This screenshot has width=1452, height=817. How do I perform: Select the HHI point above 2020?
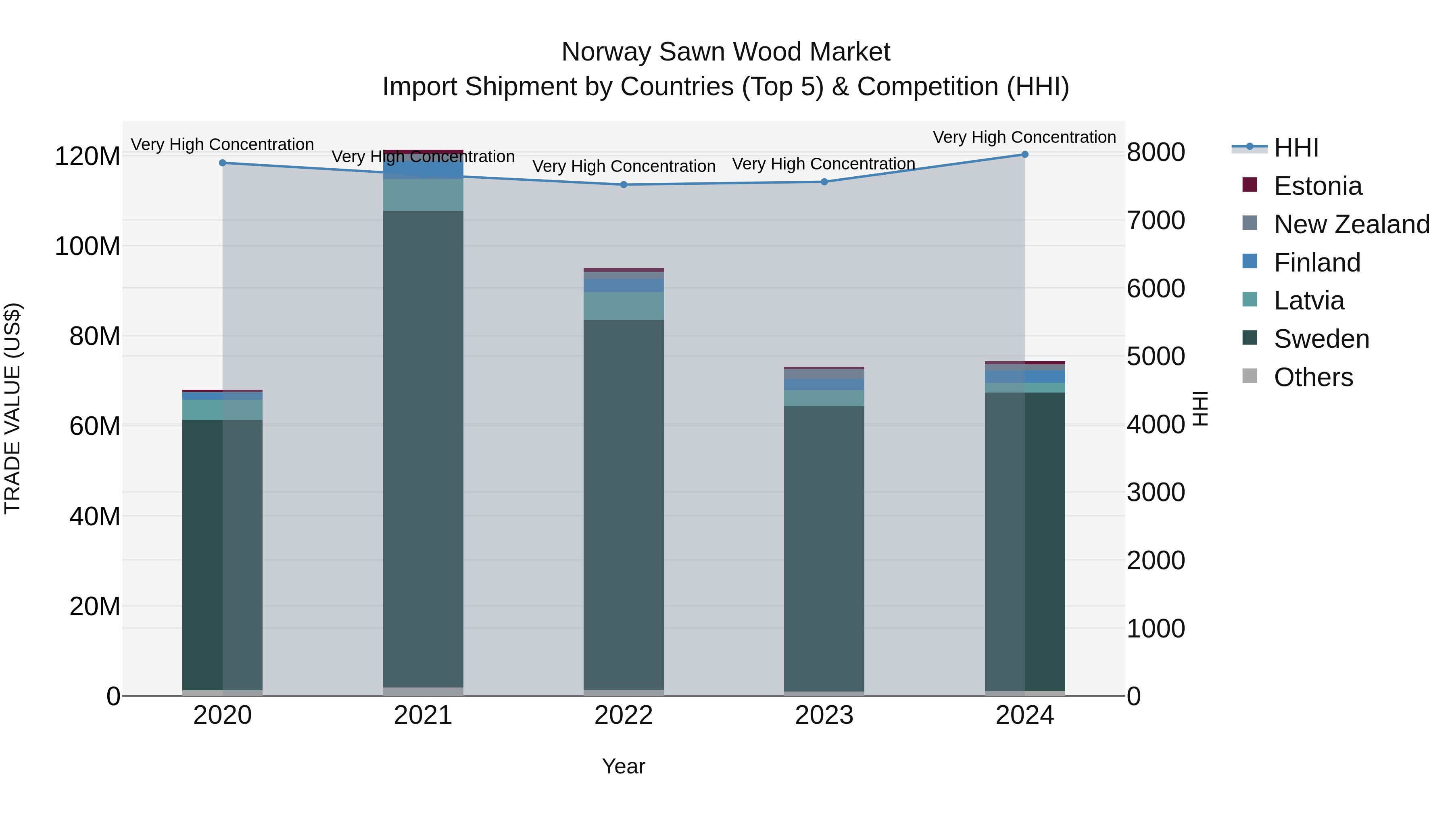tap(223, 163)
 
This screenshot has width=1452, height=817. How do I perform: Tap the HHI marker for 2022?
tap(624, 185)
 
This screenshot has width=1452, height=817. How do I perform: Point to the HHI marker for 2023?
tap(824, 182)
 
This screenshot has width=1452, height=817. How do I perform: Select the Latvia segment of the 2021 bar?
tap(423, 195)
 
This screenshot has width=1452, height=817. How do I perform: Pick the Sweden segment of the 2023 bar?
tap(824, 547)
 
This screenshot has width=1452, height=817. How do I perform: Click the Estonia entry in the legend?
tap(1317, 186)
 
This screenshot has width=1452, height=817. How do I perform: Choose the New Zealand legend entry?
tap(1351, 224)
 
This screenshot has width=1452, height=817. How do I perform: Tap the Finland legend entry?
tap(1317, 263)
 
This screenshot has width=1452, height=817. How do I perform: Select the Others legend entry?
tap(1313, 377)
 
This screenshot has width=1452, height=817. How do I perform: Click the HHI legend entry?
tap(1296, 148)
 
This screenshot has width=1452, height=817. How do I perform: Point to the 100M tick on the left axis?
tap(88, 247)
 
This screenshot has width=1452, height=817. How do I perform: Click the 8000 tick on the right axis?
tap(1156, 152)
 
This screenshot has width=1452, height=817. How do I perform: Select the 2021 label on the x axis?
tap(423, 715)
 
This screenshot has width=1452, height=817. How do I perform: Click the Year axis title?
tap(624, 766)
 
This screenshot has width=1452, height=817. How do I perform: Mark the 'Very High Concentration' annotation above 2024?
tap(1024, 137)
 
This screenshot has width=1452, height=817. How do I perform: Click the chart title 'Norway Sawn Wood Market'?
tap(726, 52)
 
